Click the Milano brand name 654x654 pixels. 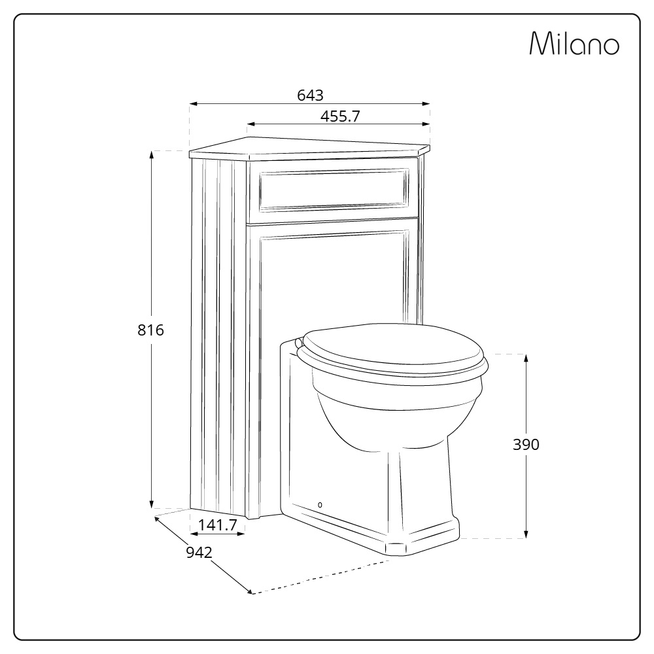click(x=574, y=44)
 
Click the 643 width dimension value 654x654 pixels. click(x=310, y=95)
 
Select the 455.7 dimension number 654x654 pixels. click(x=341, y=116)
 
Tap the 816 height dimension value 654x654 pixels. click(x=150, y=330)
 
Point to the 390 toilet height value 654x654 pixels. click(x=526, y=445)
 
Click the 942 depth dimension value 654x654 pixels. click(x=199, y=553)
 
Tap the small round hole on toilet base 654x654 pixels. click(x=320, y=505)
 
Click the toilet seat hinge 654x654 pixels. click(x=300, y=341)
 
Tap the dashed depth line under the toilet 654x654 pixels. click(x=320, y=576)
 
